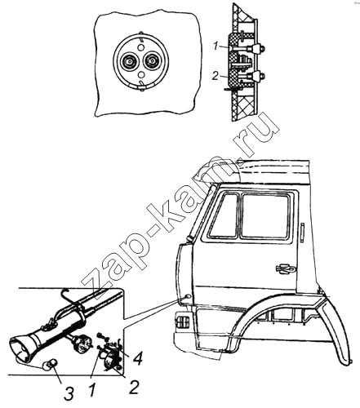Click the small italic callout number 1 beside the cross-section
pyautogui.click(x=216, y=47)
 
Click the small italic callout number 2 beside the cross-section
pyautogui.click(x=216, y=77)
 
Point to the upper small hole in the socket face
pyautogui.click(x=140, y=47)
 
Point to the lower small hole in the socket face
pyautogui.click(x=140, y=74)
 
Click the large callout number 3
pyautogui.click(x=69, y=393)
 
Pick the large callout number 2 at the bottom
pyautogui.click(x=134, y=387)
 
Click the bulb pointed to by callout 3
pyautogui.click(x=50, y=365)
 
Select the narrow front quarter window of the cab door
pyautogui.click(x=223, y=216)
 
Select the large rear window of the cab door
pyautogui.click(x=265, y=216)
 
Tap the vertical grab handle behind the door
pyautogui.click(x=302, y=233)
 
